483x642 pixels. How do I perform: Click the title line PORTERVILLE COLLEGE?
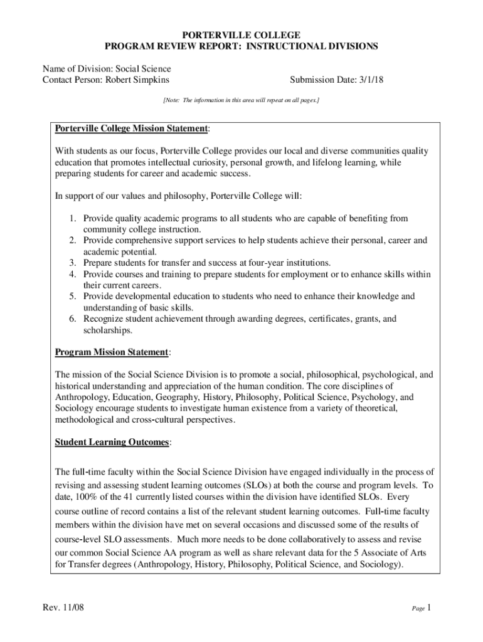[x=241, y=35]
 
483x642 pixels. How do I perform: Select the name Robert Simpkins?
[x=137, y=80]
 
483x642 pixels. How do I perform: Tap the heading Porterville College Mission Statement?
[x=131, y=129]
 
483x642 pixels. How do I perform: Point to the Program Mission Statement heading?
[x=112, y=352]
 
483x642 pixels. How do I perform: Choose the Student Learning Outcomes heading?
[x=112, y=442]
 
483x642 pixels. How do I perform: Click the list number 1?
[x=73, y=219]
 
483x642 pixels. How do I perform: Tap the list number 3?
[x=73, y=263]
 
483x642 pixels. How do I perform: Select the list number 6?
[x=73, y=319]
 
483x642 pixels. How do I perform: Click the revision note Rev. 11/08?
[x=63, y=608]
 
